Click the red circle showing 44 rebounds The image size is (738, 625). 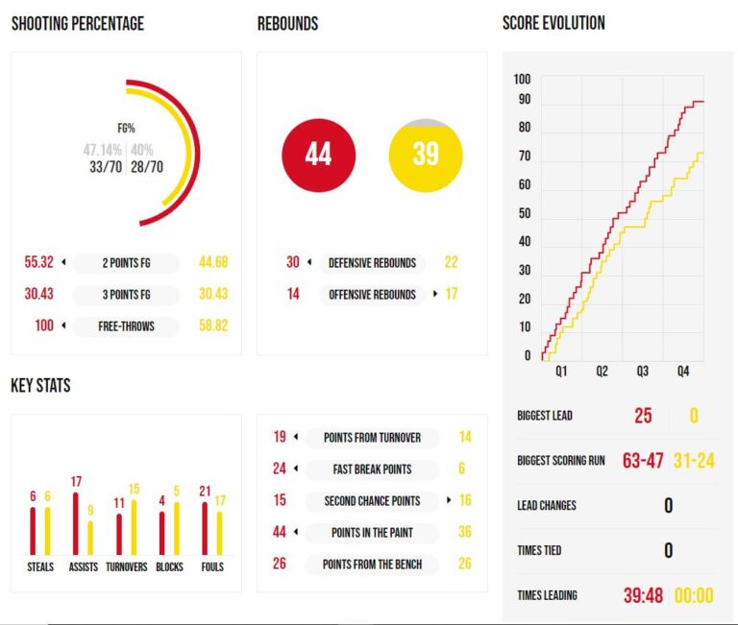pyautogui.click(x=318, y=155)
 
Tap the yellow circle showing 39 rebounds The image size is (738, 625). pyautogui.click(x=426, y=155)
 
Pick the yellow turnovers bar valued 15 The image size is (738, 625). pyautogui.click(x=134, y=526)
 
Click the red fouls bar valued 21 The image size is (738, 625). pyautogui.click(x=205, y=527)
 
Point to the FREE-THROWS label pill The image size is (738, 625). pyautogui.click(x=127, y=325)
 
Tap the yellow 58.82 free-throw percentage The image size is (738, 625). pyautogui.click(x=213, y=325)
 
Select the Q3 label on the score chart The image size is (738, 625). pyautogui.click(x=642, y=371)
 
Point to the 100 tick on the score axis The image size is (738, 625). pyautogui.click(x=522, y=79)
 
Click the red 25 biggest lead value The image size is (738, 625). pyautogui.click(x=643, y=416)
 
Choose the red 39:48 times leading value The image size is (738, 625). pyautogui.click(x=643, y=595)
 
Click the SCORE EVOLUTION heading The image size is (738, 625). pyautogui.click(x=553, y=23)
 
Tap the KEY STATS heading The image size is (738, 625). pyautogui.click(x=40, y=386)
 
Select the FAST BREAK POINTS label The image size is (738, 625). pyautogui.click(x=372, y=469)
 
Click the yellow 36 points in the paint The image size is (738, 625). pyautogui.click(x=464, y=532)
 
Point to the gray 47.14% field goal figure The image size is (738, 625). pyautogui.click(x=102, y=150)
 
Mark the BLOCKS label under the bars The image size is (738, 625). pyautogui.click(x=169, y=566)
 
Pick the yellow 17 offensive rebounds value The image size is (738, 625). pyautogui.click(x=451, y=294)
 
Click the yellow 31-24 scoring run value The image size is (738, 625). pyautogui.click(x=693, y=460)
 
